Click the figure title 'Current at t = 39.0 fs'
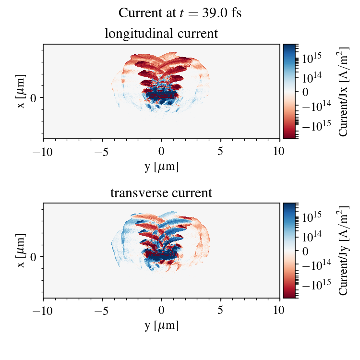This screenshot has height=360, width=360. point(180,13)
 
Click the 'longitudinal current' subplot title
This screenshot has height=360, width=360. point(161,34)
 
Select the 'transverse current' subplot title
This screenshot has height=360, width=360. point(161,193)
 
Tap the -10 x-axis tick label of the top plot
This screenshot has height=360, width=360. point(43,151)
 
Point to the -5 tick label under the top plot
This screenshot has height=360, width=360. point(102,151)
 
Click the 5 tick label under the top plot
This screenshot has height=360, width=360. point(221,151)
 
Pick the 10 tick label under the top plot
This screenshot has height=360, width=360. point(280,151)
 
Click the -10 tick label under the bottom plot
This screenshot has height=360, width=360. point(43,311)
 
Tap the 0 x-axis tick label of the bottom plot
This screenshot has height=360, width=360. point(161,311)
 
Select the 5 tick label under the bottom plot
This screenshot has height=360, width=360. point(221,311)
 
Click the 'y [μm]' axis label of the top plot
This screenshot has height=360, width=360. point(161,166)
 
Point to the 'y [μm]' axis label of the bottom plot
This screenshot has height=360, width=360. point(161,325)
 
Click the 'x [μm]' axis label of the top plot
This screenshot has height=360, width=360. point(21,91)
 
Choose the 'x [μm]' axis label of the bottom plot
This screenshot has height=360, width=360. point(21,251)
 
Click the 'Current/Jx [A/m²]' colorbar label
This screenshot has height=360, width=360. point(344,91)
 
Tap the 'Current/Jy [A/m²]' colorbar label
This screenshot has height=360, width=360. point(344,251)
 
